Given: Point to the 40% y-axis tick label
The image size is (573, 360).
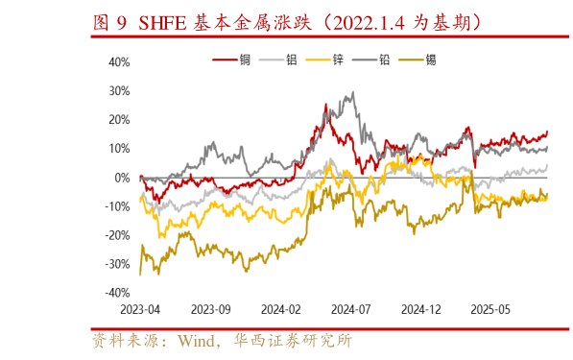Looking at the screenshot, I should click(x=118, y=62).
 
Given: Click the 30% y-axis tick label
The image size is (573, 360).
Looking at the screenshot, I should click(x=118, y=91).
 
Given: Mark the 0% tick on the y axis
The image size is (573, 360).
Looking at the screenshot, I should click(x=122, y=178).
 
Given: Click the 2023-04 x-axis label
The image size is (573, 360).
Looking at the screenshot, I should click(x=140, y=310).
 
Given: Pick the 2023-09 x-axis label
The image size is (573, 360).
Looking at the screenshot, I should click(x=210, y=310).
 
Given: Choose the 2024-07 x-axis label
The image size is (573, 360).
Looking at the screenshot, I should click(x=350, y=310).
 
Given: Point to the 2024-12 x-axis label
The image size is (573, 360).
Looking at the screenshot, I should click(x=420, y=310).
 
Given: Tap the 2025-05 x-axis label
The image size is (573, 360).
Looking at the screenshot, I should click(x=490, y=310).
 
